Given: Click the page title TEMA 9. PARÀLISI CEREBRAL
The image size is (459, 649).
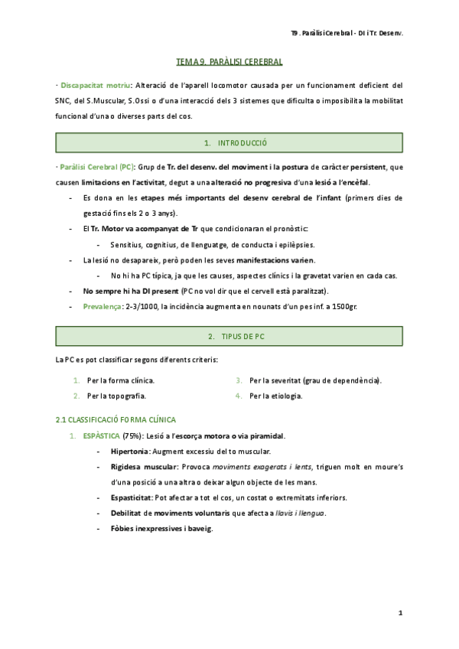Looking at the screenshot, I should pos(229,61).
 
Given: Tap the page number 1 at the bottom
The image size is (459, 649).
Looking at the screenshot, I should pos(400,613).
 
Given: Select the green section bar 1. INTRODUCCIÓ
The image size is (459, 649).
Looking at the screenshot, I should pos(229,143).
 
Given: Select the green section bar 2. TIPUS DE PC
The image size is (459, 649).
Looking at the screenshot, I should pos(229,337).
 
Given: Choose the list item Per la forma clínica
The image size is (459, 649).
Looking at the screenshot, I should pos(121,380).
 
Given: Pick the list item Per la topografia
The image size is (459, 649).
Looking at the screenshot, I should pos(117,396).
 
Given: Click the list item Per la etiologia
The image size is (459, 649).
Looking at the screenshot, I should pos(276,396).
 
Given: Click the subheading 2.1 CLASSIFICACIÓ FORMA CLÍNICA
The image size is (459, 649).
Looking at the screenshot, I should pos(116,419).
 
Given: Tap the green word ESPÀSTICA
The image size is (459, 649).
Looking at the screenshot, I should pos(103,436).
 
